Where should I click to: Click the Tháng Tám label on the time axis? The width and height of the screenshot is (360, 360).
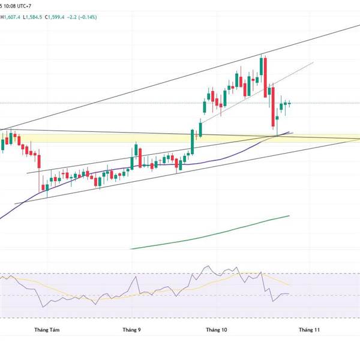[x=47, y=329]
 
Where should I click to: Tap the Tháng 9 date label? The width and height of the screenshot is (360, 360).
[x=131, y=329]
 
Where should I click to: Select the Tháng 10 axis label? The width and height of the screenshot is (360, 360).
[x=217, y=329]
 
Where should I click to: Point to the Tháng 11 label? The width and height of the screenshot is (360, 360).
[x=310, y=329]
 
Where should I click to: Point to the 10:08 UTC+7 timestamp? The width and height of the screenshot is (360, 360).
[x=22, y=5]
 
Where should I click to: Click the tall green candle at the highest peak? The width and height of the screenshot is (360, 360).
[x=262, y=66]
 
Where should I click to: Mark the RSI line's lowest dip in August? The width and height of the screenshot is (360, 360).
[x=43, y=307]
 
